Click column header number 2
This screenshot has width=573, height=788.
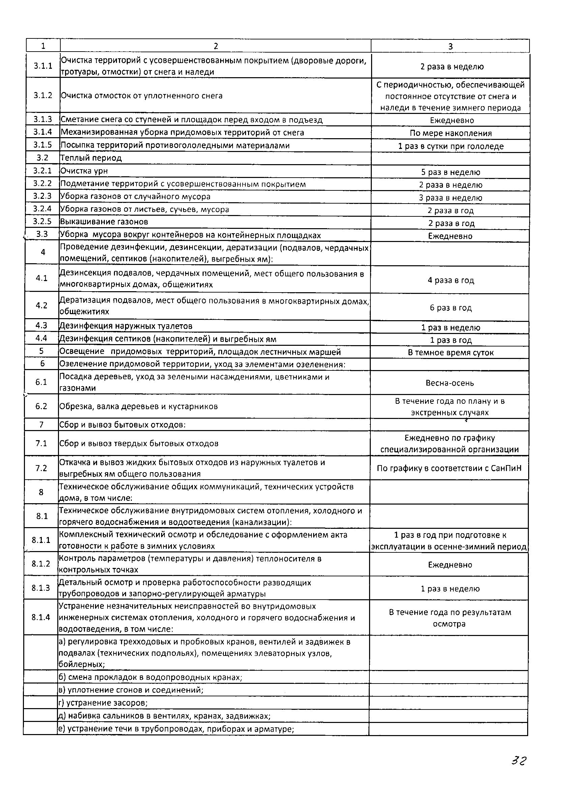point(215,46)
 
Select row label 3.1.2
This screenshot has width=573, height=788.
point(43,95)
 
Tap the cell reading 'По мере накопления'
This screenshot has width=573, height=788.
point(450,133)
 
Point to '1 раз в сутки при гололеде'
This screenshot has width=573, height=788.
point(450,146)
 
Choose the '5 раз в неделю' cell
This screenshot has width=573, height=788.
point(450,172)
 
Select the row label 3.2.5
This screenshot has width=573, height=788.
point(42,222)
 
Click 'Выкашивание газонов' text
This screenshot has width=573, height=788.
point(104,222)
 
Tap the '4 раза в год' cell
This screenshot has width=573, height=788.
point(450,280)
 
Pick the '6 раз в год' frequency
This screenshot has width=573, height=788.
point(450,307)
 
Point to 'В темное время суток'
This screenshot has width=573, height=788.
point(450,353)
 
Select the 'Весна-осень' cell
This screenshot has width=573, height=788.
point(450,383)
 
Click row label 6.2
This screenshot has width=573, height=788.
point(41,406)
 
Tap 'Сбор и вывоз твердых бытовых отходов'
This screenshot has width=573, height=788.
point(139,443)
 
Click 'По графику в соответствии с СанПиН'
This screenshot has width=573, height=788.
point(449,468)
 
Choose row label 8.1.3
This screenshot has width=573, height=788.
point(41,587)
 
